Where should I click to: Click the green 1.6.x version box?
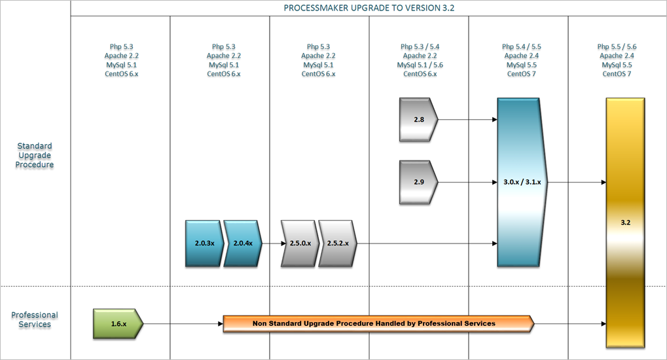click(118, 324)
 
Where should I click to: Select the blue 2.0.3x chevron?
click(204, 243)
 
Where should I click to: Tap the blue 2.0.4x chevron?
click(243, 243)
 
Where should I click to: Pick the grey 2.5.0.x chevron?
click(300, 243)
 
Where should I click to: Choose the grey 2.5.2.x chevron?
click(338, 243)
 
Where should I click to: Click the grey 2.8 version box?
click(418, 120)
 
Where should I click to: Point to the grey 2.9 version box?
click(418, 182)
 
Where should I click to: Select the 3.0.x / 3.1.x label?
click(522, 182)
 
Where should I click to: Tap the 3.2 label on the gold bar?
click(625, 223)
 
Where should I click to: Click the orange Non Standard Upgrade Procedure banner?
click(378, 324)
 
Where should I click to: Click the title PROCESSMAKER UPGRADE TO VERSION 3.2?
click(369, 8)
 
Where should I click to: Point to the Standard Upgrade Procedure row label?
click(35, 155)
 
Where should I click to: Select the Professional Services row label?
click(35, 319)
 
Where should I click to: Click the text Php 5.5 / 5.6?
click(617, 47)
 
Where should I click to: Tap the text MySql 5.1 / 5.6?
click(420, 65)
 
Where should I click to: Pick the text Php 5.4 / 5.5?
click(522, 47)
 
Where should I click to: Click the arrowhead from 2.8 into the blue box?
click(495, 120)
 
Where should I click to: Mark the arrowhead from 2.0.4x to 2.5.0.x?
click(283, 243)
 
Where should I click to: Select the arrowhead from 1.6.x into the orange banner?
click(221, 324)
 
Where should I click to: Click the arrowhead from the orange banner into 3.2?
click(604, 324)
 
